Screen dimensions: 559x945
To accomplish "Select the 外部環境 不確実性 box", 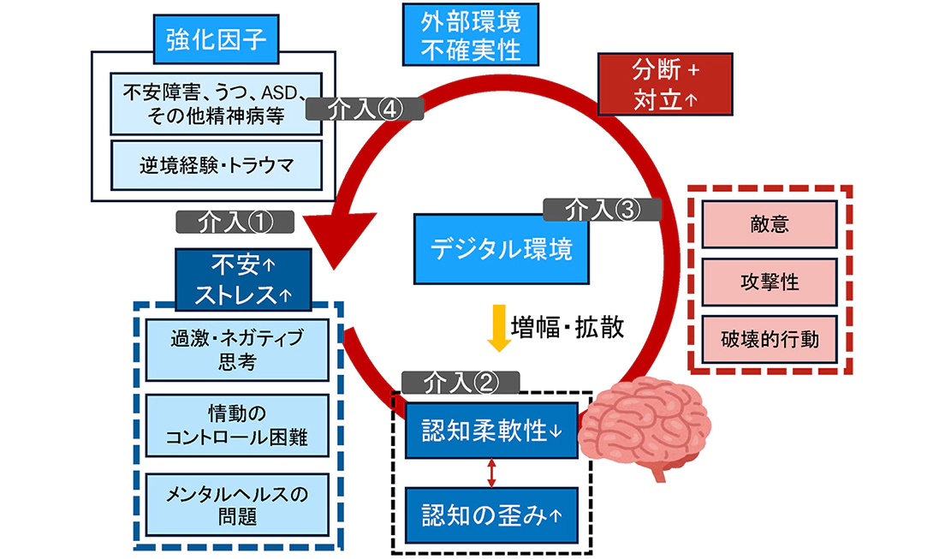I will (x=472, y=34).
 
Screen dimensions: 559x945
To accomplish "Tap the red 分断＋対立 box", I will (x=665, y=83).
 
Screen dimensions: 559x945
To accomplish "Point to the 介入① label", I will (x=235, y=221).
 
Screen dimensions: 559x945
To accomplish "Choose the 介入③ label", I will (x=602, y=207).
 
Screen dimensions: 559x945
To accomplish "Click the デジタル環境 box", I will (x=501, y=249).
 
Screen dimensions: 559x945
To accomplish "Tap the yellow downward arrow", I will (x=495, y=328).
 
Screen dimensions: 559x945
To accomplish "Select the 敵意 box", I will (x=768, y=224).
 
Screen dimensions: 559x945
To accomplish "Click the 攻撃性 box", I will (x=768, y=281).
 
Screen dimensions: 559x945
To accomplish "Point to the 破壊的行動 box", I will (x=768, y=339).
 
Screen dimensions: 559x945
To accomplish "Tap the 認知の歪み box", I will (x=491, y=515).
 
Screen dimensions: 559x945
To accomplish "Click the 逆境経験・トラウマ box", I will (x=217, y=165).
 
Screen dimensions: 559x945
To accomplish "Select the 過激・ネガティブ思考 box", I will (x=236, y=349).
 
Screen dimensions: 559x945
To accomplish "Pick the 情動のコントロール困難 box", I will (x=236, y=426).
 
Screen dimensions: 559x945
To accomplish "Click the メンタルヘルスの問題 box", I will (x=236, y=504).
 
